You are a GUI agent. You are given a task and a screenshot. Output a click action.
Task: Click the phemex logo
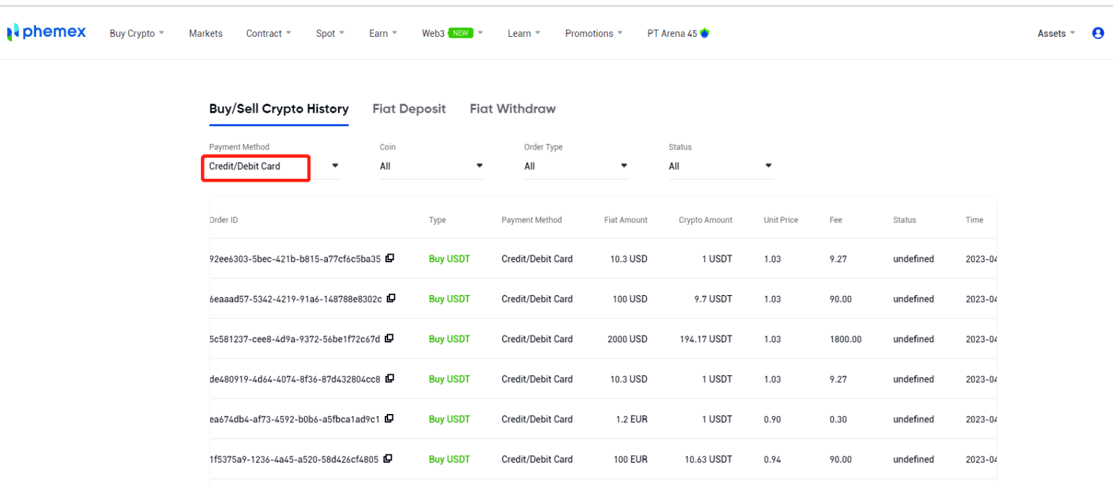(47, 32)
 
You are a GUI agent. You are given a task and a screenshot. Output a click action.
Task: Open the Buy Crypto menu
(136, 33)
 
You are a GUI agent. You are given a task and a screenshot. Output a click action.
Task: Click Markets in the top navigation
(205, 33)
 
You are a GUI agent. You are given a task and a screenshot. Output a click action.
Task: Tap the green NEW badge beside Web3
(461, 33)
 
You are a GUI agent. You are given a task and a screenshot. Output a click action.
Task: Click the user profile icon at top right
(1098, 33)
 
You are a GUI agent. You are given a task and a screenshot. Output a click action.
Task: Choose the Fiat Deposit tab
(409, 109)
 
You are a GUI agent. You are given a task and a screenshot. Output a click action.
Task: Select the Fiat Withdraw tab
(513, 109)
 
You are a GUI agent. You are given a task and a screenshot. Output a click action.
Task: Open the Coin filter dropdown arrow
(479, 166)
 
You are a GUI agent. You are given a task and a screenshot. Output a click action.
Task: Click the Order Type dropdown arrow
(624, 166)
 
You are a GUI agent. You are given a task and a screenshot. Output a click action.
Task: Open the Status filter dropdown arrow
(768, 166)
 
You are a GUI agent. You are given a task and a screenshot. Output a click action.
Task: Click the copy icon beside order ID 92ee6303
(390, 258)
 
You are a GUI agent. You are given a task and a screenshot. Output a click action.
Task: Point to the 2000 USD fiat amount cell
(627, 340)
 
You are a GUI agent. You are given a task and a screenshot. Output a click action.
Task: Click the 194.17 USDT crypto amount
(705, 340)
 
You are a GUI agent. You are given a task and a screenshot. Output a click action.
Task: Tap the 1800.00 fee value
(845, 340)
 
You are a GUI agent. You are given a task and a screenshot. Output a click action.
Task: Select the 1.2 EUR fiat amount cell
(631, 420)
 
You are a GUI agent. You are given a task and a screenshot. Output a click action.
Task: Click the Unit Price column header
(780, 220)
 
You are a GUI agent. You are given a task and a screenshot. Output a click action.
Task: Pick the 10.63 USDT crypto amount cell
(708, 460)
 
